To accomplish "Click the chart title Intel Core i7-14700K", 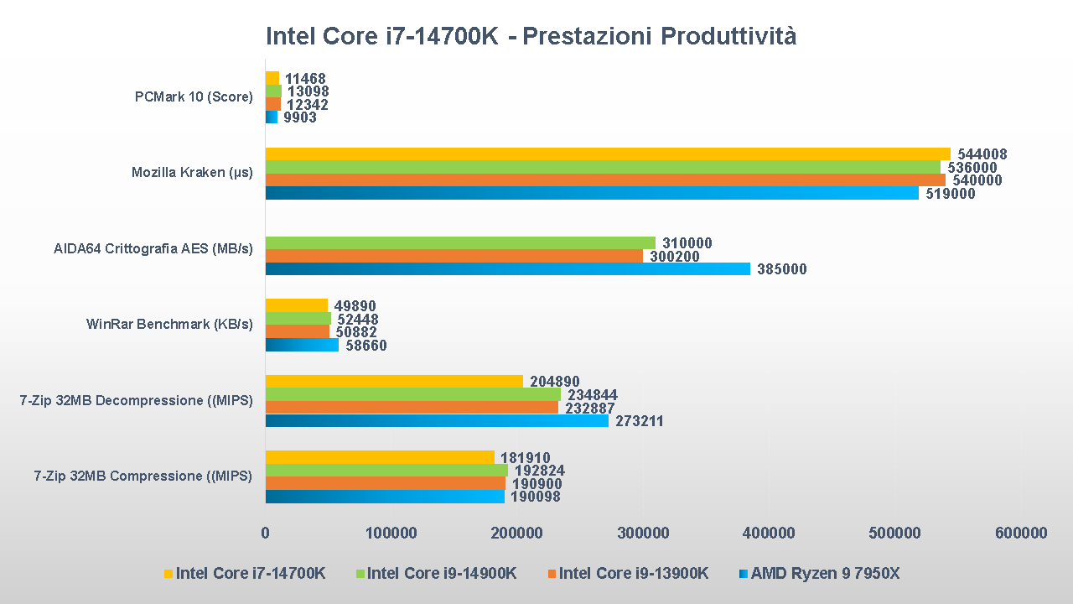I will click(x=531, y=37).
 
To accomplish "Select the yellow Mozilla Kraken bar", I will click(x=608, y=154).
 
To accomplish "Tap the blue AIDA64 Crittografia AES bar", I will click(x=507, y=269).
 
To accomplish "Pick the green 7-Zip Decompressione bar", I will click(x=412, y=394).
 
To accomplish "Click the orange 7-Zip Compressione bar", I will click(x=385, y=483).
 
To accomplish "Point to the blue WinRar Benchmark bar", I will click(x=302, y=345).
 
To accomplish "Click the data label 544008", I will click(x=982, y=154).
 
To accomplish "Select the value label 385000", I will click(x=781, y=270).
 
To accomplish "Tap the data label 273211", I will click(x=640, y=421).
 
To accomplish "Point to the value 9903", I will click(x=300, y=118).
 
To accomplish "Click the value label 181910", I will click(x=526, y=458).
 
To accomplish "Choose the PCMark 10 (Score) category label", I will click(x=194, y=96).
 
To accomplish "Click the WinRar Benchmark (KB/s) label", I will click(x=169, y=324).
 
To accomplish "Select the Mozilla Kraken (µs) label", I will click(x=192, y=173).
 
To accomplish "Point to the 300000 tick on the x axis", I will click(x=643, y=533).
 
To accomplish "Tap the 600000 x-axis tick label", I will click(x=1020, y=533).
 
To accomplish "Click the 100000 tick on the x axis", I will click(x=391, y=533).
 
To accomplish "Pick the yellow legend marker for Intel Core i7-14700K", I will click(x=168, y=574).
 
